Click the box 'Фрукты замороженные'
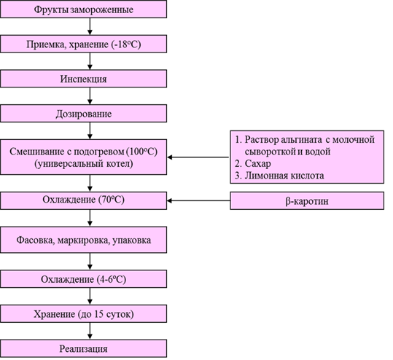coord(83,9)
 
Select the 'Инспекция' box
coord(83,79)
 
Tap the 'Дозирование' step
coord(83,114)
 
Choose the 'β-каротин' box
coord(307,200)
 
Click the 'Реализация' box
coord(83,348)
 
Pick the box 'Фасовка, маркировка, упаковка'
coord(83,240)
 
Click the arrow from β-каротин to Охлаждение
coord(198,200)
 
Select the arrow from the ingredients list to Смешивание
coord(198,157)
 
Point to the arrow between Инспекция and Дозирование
coord(90,96)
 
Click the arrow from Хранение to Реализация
coord(90,331)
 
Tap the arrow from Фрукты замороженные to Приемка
coord(90,26)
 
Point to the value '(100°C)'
coord(142,152)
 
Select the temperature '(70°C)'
coord(111,200)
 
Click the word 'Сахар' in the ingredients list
coord(257,163)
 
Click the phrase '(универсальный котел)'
coord(83,163)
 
